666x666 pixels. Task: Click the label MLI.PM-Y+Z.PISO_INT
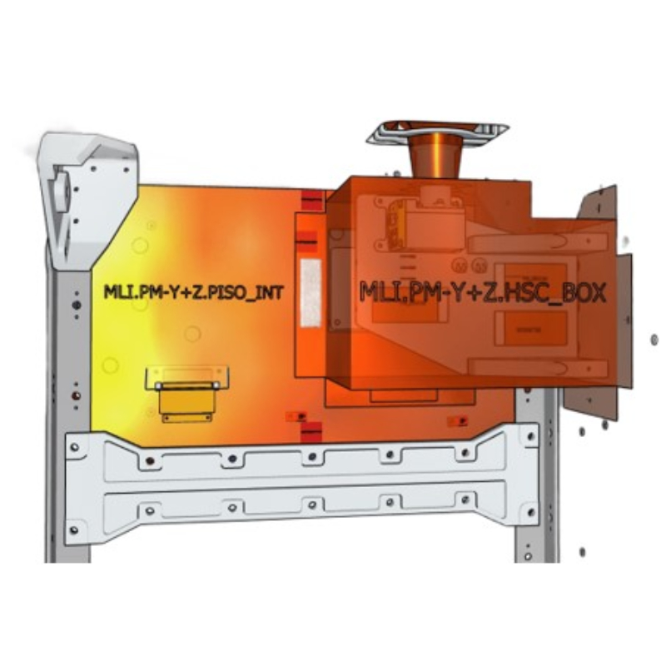tap(193, 292)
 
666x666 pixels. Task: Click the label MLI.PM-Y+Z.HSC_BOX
tap(483, 292)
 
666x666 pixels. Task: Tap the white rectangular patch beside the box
tap(311, 293)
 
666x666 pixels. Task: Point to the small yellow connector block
tap(186, 402)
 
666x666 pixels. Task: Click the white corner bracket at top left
tap(87, 200)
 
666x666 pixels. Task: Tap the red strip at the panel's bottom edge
tap(311, 432)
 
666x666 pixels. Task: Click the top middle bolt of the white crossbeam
tap(312, 457)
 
